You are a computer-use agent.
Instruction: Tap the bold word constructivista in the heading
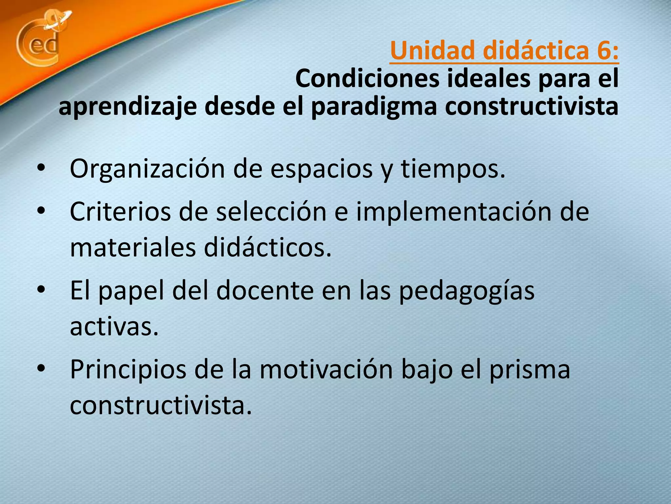click(531, 107)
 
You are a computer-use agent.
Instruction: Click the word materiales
click(133, 248)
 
